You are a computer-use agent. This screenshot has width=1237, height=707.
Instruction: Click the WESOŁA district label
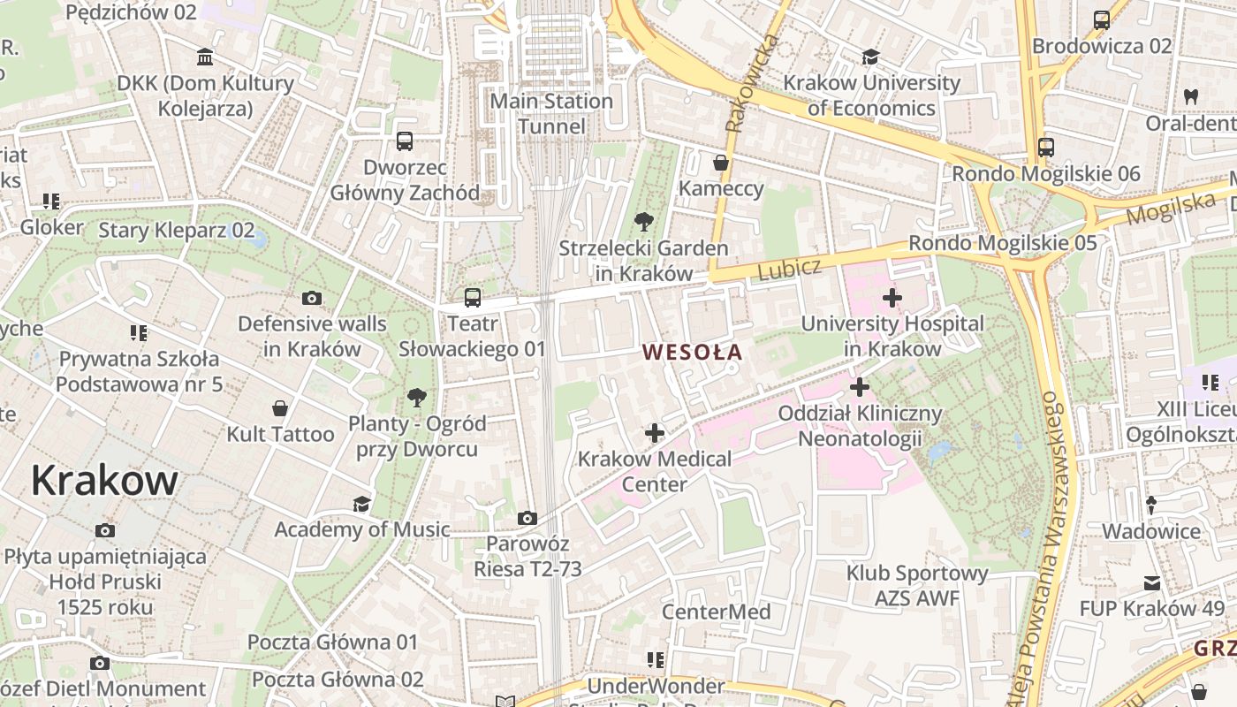click(692, 352)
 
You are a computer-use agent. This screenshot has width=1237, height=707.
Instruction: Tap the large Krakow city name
click(104, 481)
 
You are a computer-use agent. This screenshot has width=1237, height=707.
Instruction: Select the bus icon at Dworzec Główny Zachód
click(405, 141)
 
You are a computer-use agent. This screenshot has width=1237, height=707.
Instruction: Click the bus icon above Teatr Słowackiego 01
click(473, 298)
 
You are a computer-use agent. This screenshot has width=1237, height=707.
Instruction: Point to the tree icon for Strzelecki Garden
click(643, 222)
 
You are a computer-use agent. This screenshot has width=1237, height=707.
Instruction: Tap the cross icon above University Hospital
click(892, 298)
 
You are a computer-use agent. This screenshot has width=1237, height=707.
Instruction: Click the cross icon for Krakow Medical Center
click(655, 433)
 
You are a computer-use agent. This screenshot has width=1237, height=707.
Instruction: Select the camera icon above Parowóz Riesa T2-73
click(527, 518)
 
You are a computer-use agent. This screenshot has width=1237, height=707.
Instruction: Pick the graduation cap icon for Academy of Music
click(361, 504)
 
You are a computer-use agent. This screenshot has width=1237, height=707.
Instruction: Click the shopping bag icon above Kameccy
click(721, 163)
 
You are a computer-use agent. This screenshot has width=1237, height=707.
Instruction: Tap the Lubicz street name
click(789, 269)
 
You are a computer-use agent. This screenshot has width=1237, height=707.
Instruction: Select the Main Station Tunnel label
click(551, 113)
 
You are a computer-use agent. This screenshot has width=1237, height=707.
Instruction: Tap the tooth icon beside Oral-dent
click(1190, 97)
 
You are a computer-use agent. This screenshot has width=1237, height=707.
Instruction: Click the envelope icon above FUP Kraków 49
click(1152, 583)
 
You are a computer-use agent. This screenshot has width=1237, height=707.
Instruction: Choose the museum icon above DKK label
click(206, 57)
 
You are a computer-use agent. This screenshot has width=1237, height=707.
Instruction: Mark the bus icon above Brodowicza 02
click(1102, 19)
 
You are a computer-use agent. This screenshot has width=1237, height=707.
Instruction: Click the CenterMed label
click(716, 612)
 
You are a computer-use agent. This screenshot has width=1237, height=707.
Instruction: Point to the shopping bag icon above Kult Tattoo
click(280, 408)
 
